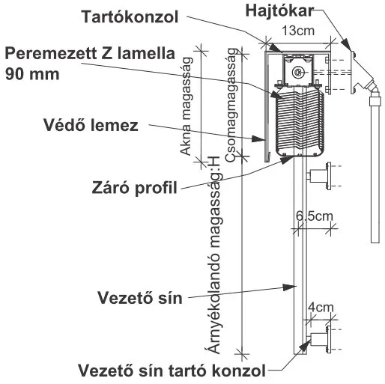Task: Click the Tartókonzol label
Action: tap(130, 17)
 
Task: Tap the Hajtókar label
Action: tap(279, 11)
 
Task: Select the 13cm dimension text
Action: tap(298, 31)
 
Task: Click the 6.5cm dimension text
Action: tap(315, 216)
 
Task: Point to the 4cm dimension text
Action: tap(321, 307)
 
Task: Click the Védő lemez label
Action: tap(91, 125)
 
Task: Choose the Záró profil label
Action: tap(135, 188)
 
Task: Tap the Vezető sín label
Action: tap(140, 298)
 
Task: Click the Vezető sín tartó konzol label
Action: tap(172, 371)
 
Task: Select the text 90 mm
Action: tap(32, 74)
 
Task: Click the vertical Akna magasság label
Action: tap(186, 106)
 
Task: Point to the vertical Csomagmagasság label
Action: tap(231, 105)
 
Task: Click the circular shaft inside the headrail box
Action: tap(297, 72)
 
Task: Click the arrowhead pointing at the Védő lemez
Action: tap(258, 139)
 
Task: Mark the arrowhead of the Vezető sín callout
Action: tap(289, 287)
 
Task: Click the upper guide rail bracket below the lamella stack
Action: tap(320, 175)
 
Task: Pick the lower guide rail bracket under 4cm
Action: tap(320, 339)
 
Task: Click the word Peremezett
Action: tap(51, 54)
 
